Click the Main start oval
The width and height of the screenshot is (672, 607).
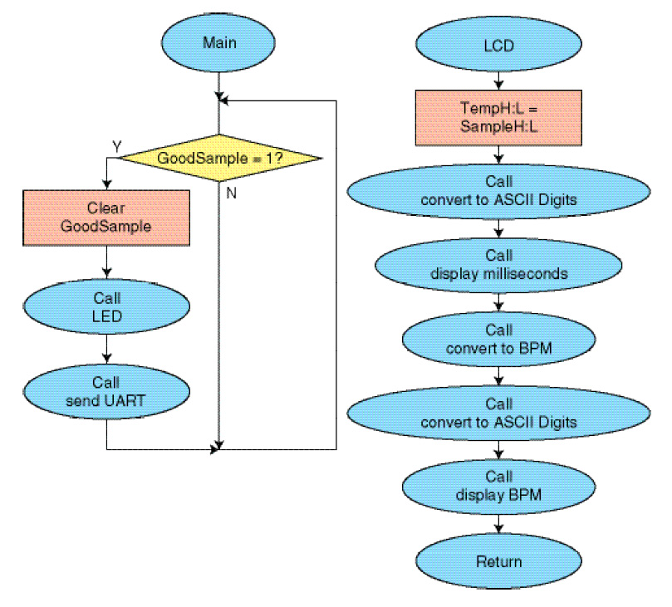[x=218, y=43]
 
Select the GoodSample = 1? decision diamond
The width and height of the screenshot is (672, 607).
[x=219, y=158]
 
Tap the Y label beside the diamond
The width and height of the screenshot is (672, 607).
[x=117, y=147]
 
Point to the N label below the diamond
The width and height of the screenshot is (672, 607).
[x=232, y=193]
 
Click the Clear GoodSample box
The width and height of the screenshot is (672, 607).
[x=106, y=218]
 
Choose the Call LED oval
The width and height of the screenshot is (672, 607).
[x=106, y=306]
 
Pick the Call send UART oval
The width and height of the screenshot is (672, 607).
[x=106, y=392]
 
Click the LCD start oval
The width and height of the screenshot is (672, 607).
[x=498, y=44]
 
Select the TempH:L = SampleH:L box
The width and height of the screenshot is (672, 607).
[x=498, y=118]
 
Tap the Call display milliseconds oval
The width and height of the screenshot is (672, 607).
[x=498, y=266]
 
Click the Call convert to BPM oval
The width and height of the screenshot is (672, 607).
[x=498, y=340]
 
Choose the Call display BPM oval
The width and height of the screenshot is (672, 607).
[x=498, y=487]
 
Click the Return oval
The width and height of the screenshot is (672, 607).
[x=498, y=561]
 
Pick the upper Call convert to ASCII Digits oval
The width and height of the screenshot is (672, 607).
[x=498, y=192]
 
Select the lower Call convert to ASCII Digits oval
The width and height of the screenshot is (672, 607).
[x=498, y=414]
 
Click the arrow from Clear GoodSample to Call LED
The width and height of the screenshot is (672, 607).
[x=106, y=262]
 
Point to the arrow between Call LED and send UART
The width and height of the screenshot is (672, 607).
[x=106, y=349]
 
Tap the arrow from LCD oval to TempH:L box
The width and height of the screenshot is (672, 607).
[x=498, y=81]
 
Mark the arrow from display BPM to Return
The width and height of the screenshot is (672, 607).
[x=498, y=524]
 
